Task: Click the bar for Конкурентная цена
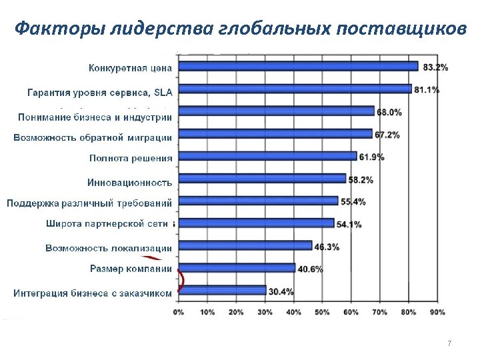(x=297, y=66)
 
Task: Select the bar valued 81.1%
(x=293, y=89)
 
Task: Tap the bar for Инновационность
(x=261, y=179)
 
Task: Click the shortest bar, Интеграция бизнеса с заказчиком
(x=220, y=291)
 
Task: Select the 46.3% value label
(x=327, y=247)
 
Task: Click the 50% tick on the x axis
(x=322, y=311)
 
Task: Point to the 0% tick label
(x=179, y=311)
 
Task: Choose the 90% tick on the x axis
(x=438, y=311)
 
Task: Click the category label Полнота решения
(x=131, y=158)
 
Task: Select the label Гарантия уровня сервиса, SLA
(x=99, y=91)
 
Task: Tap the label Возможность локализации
(x=109, y=248)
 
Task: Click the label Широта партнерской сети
(x=109, y=224)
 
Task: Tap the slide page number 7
(x=449, y=343)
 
